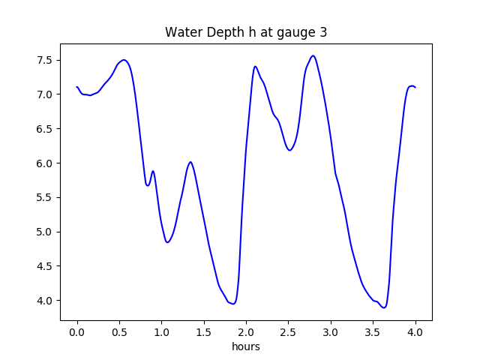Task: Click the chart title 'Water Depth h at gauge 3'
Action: [x=246, y=32]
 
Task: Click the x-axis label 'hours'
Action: [x=246, y=346]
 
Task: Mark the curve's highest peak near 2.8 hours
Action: [x=313, y=55]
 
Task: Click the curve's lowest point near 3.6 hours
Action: [x=384, y=307]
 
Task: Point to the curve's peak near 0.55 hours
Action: [x=124, y=60]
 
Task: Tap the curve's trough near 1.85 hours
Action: [x=233, y=304]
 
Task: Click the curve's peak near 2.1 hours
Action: [x=255, y=66]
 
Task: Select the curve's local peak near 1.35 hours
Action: [x=190, y=162]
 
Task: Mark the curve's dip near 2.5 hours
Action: [x=289, y=150]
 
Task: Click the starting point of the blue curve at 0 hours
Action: [x=77, y=87]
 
